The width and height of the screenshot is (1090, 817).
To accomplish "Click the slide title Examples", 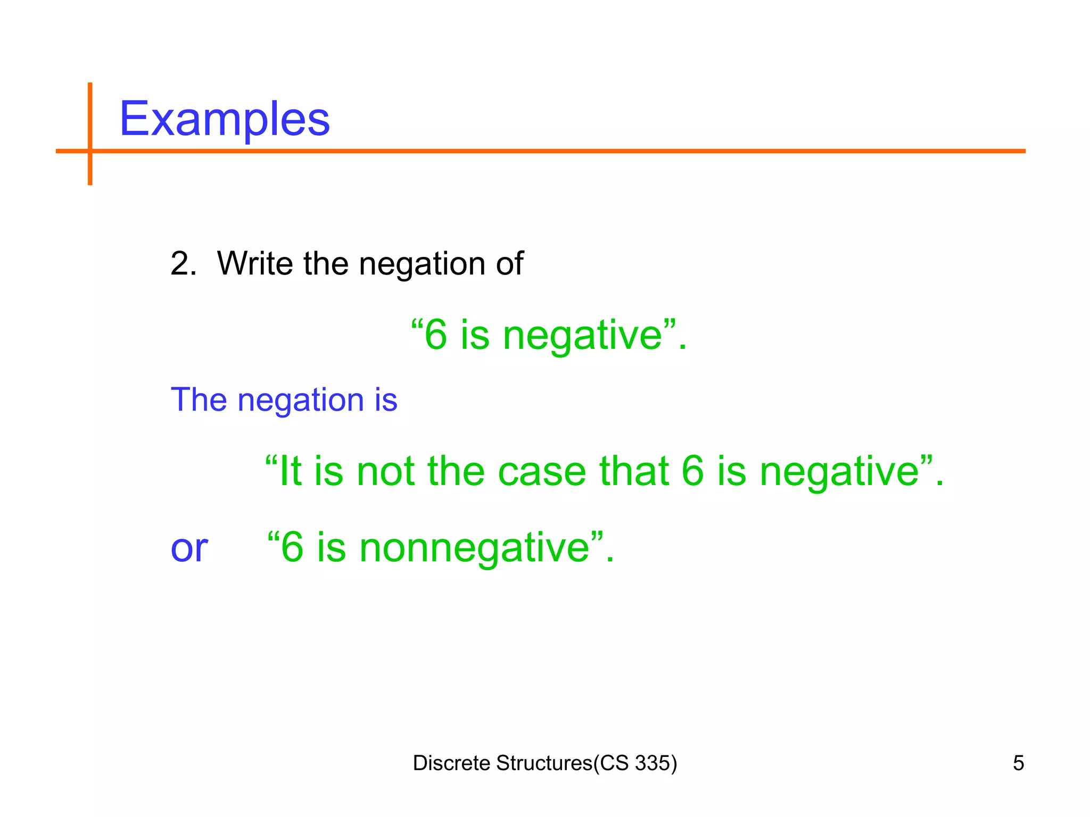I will point(224,119).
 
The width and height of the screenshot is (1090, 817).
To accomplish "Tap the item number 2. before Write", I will point(183,263).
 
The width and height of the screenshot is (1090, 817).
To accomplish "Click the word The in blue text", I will point(198,400).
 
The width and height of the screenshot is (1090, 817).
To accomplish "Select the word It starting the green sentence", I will point(290,471).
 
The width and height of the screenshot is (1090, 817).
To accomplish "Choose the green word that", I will point(633,471).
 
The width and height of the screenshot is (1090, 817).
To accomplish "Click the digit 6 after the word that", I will point(692,471).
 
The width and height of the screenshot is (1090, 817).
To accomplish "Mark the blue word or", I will point(189,549).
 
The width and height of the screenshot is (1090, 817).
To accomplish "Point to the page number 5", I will point(1018,763).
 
